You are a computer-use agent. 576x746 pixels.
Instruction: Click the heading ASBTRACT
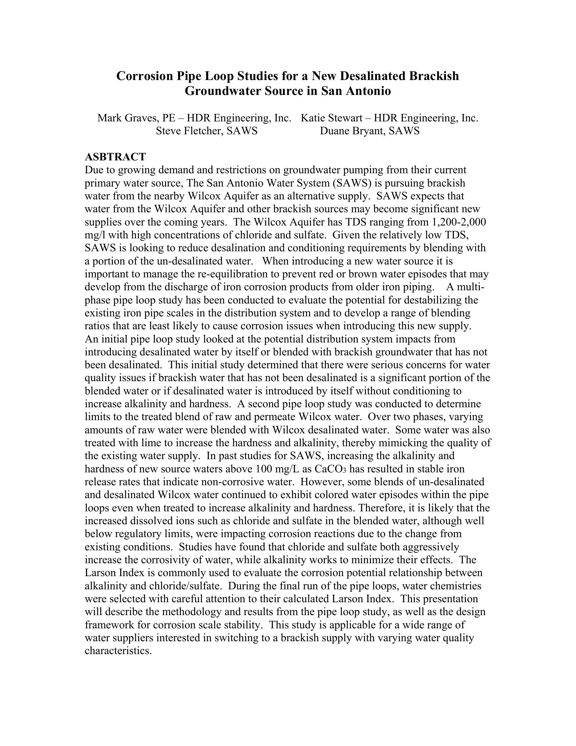pos(115,157)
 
